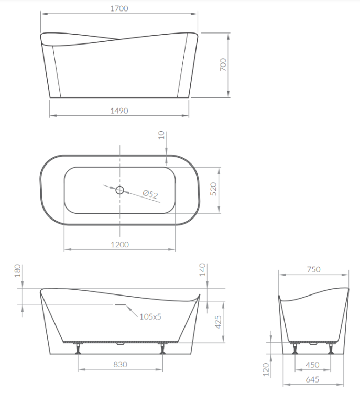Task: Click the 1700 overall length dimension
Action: click(x=119, y=9)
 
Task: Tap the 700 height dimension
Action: click(x=223, y=65)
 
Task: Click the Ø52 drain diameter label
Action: click(x=150, y=194)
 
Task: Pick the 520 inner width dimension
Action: click(x=213, y=189)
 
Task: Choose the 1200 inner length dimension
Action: click(x=119, y=245)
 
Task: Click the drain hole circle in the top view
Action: click(x=119, y=190)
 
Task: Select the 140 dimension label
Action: click(x=203, y=271)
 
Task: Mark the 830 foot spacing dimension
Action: click(x=121, y=364)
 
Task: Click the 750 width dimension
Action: click(x=313, y=270)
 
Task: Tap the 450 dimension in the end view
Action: click(x=313, y=366)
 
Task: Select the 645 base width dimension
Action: click(x=313, y=380)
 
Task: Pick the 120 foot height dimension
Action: click(x=265, y=369)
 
